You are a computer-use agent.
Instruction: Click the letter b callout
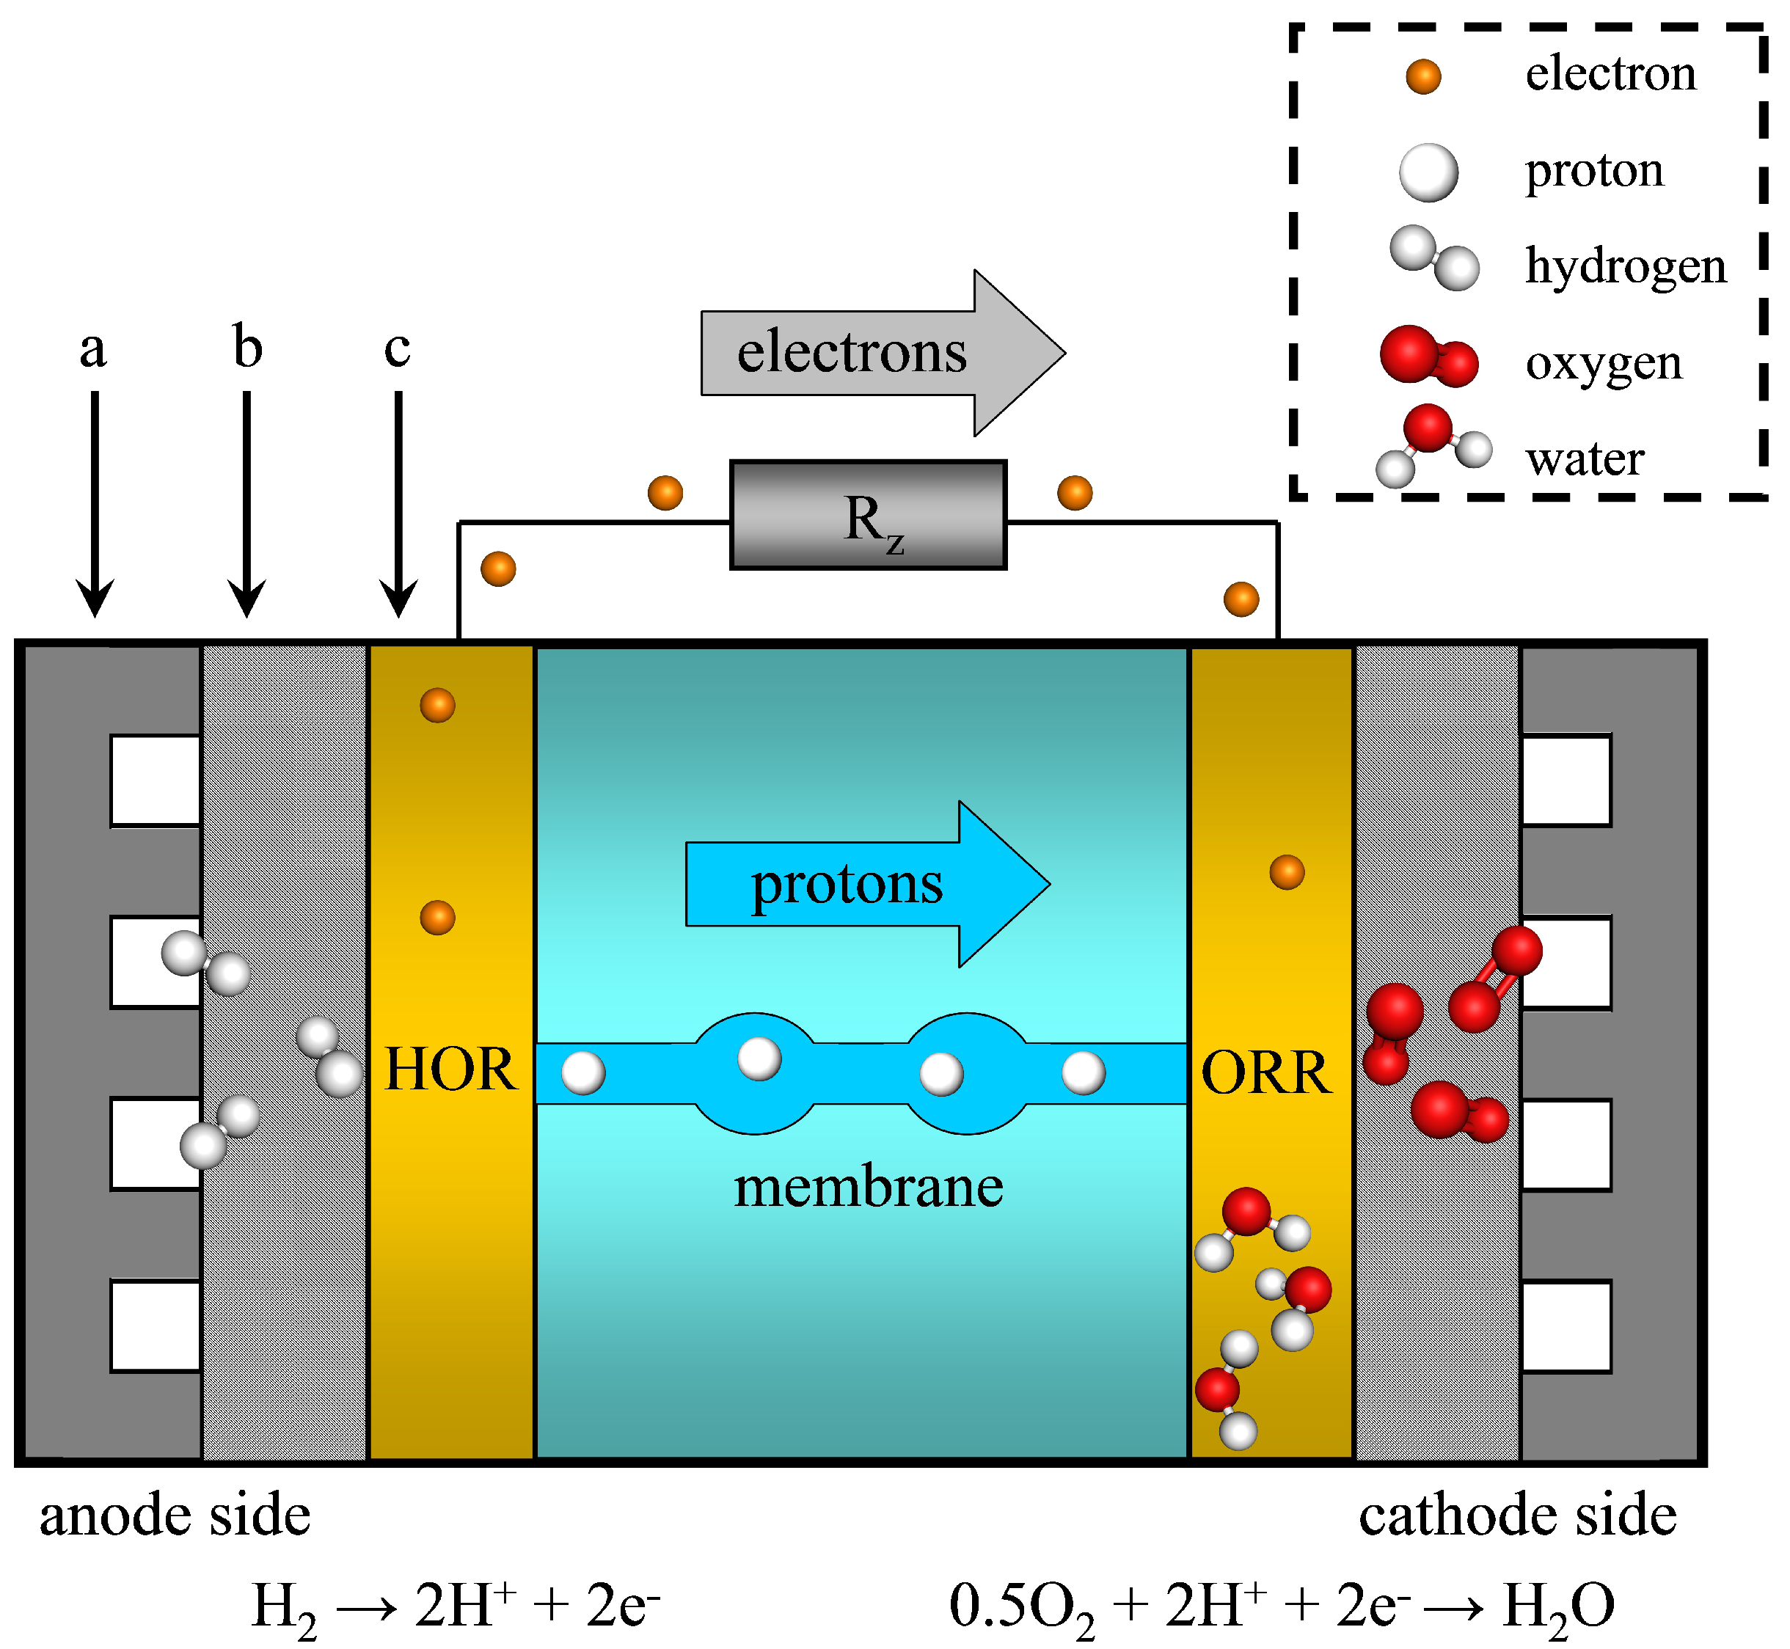click(247, 346)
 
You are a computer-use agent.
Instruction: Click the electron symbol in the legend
click(1422, 77)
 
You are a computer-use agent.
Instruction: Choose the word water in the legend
click(1584, 459)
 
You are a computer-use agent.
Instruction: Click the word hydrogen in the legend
click(1625, 266)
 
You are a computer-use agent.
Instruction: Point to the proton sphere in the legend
click(1428, 172)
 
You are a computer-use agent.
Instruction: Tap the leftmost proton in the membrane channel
click(582, 1072)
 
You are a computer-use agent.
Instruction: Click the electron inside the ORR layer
click(1286, 871)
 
